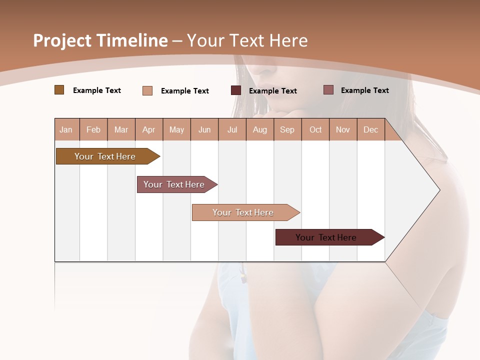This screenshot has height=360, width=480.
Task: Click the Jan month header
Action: point(66,130)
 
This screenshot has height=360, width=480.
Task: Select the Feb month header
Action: point(93,130)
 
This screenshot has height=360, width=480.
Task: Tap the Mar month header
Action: point(121,130)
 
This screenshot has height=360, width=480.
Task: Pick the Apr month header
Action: point(148,130)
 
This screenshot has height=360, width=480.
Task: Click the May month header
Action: point(176,130)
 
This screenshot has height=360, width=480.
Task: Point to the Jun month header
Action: point(204,130)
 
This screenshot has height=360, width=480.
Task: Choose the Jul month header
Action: point(232,130)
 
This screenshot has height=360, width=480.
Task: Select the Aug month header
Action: point(259,130)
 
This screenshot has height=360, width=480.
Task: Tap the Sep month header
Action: point(287,130)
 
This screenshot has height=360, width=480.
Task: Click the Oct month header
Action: point(315,130)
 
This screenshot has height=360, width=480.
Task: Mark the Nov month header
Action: point(343,130)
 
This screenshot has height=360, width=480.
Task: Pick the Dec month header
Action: point(370,130)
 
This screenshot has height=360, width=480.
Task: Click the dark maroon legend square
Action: point(236,90)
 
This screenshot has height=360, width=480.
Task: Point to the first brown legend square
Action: point(59,90)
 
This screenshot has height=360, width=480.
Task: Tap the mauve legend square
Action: point(328,90)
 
